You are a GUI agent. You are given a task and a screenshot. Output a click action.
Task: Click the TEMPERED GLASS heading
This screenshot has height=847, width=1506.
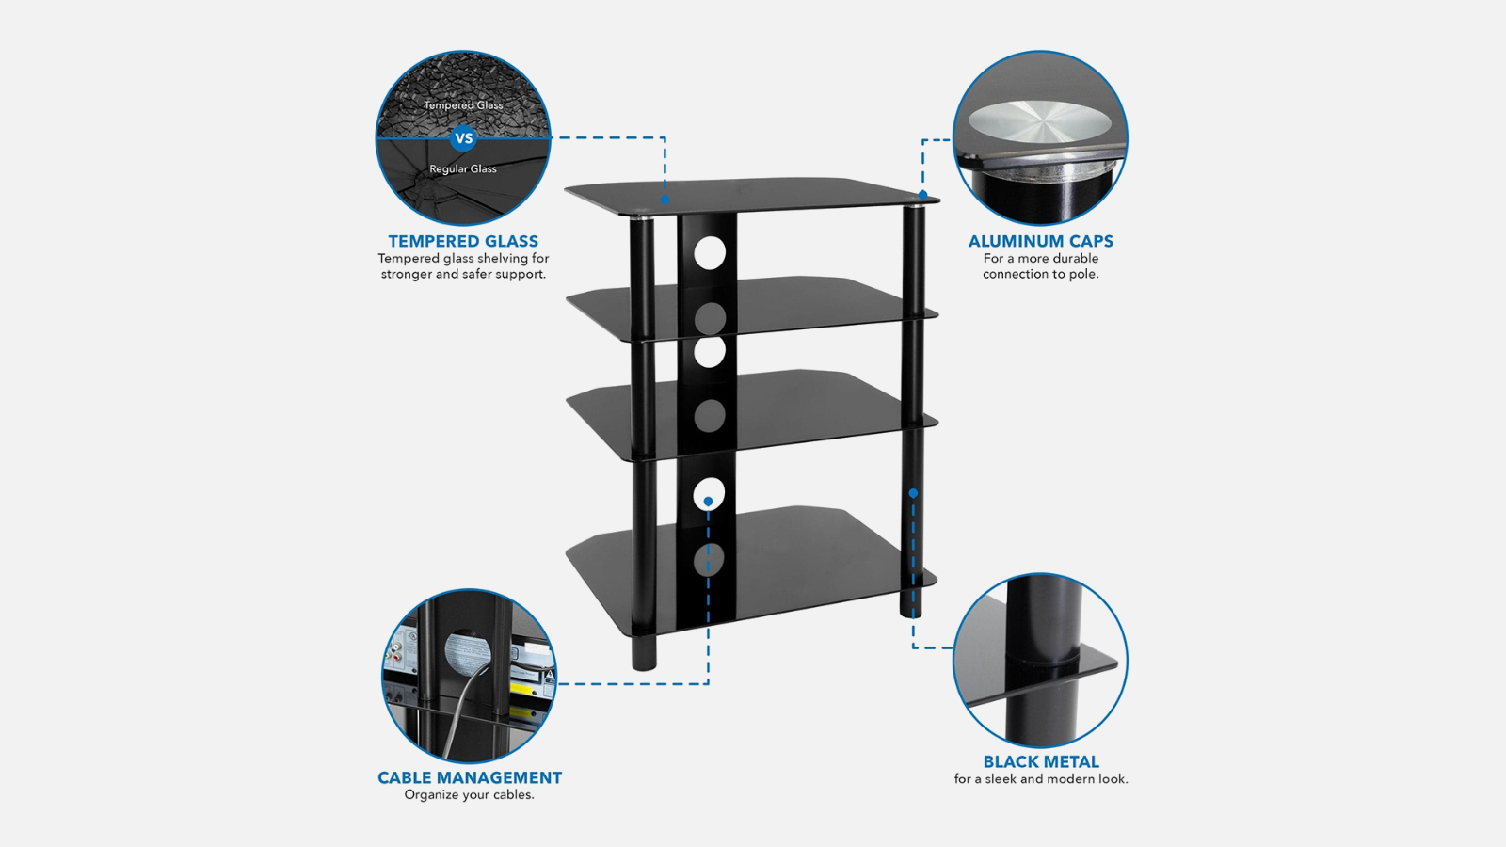pyautogui.click(x=463, y=242)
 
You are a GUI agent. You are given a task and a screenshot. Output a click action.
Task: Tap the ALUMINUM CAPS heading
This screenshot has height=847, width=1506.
pyautogui.click(x=1040, y=242)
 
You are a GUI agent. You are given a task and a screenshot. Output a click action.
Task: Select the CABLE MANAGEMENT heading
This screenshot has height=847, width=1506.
pyautogui.click(x=469, y=778)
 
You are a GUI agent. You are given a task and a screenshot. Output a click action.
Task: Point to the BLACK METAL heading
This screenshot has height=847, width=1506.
pyautogui.click(x=1040, y=762)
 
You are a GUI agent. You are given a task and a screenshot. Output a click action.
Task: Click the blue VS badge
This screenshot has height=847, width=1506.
pyautogui.click(x=463, y=138)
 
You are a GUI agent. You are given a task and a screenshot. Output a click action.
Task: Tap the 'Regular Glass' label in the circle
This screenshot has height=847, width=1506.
pyautogui.click(x=463, y=169)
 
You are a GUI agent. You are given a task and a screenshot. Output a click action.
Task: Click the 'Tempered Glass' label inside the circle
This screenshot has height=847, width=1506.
pyautogui.click(x=463, y=105)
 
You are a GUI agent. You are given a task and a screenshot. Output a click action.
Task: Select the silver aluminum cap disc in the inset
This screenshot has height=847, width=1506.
pyautogui.click(x=1039, y=121)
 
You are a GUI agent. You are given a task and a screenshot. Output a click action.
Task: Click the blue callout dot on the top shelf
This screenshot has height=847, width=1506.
pyautogui.click(x=665, y=200)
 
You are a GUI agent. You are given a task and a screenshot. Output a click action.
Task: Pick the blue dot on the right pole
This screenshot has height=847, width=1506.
pyautogui.click(x=913, y=493)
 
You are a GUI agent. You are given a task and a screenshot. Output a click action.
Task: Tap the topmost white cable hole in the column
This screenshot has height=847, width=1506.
pyautogui.click(x=710, y=253)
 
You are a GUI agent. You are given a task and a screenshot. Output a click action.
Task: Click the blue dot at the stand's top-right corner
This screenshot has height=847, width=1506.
pyautogui.click(x=922, y=195)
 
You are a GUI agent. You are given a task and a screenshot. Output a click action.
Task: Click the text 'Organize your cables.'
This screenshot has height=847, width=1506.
pyautogui.click(x=469, y=795)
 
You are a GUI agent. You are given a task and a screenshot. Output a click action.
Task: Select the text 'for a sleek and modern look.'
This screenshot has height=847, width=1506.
pyautogui.click(x=1040, y=779)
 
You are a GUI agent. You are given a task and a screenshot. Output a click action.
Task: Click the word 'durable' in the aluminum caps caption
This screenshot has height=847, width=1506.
pyautogui.click(x=1075, y=259)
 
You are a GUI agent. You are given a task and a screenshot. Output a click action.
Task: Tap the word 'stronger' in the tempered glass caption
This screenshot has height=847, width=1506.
pyautogui.click(x=406, y=275)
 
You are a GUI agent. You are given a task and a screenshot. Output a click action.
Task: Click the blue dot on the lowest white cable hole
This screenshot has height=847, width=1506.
pyautogui.click(x=708, y=502)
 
